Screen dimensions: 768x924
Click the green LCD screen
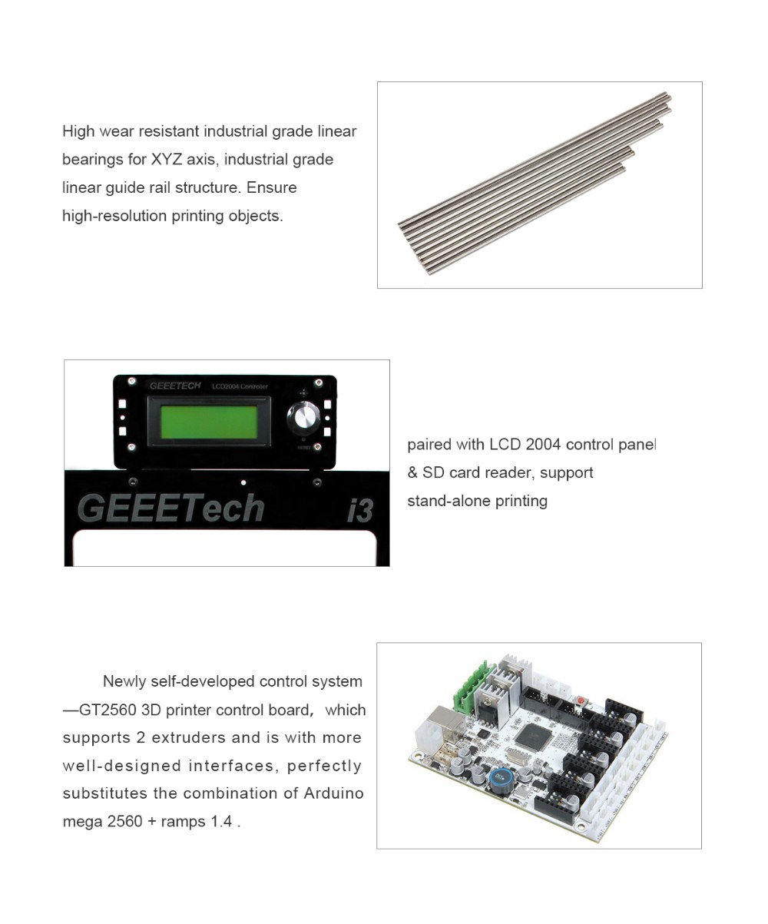pyautogui.click(x=209, y=422)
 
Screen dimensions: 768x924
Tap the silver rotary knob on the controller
pyautogui.click(x=303, y=416)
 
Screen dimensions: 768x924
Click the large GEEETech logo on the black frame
pyautogui.click(x=170, y=508)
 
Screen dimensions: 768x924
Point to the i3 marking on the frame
pyautogui.click(x=360, y=510)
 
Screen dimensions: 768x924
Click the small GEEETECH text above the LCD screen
pyautogui.click(x=175, y=386)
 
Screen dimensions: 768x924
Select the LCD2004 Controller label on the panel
pyautogui.click(x=240, y=386)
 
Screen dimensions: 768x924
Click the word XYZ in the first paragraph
pyautogui.click(x=167, y=159)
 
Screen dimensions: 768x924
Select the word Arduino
pyautogui.click(x=333, y=793)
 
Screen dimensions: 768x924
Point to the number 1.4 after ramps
pyautogui.click(x=221, y=821)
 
